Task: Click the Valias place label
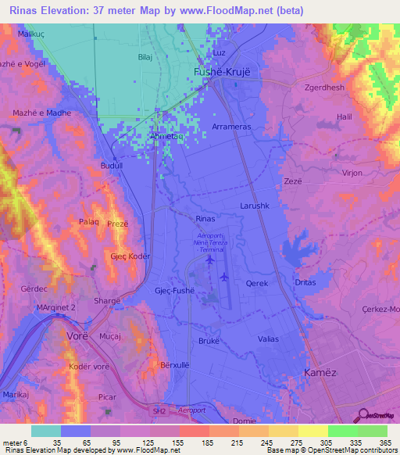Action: pyautogui.click(x=268, y=338)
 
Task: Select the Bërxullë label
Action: pyautogui.click(x=177, y=366)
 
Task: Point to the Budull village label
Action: pyautogui.click(x=114, y=166)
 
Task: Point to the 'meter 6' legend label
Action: pyautogui.click(x=14, y=442)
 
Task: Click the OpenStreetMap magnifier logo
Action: pyautogui.click(x=361, y=415)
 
